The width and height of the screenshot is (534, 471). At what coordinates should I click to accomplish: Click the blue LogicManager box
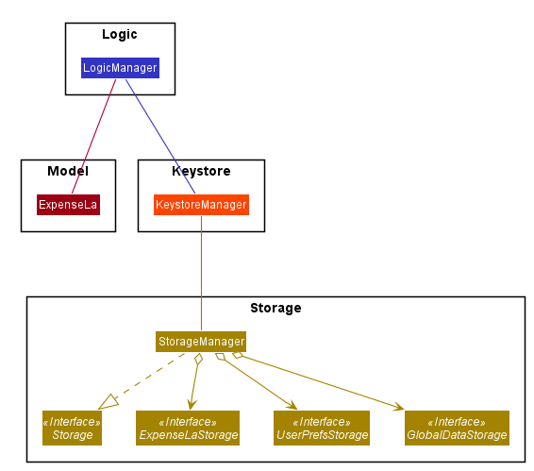point(120,68)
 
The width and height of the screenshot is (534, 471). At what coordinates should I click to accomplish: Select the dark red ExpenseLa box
point(68,205)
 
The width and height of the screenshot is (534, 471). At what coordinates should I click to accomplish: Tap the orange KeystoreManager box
point(201,205)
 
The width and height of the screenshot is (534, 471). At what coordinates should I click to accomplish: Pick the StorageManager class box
point(201,342)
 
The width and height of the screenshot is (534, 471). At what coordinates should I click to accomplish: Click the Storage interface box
point(73,429)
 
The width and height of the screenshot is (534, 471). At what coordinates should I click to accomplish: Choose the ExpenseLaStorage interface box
point(188,429)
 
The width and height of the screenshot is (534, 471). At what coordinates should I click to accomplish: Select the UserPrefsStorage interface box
point(322,429)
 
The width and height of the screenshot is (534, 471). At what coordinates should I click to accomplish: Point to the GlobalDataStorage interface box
point(457,429)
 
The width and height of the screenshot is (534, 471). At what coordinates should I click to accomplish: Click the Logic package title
point(120,34)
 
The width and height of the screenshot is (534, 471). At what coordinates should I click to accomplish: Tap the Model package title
point(68,171)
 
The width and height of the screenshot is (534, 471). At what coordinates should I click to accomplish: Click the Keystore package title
point(201,171)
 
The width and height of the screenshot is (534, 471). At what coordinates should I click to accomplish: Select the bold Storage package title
point(275,308)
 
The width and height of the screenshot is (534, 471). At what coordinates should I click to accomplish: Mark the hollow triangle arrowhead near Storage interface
point(109,402)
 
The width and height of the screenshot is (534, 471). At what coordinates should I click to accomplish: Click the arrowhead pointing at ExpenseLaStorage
point(192,405)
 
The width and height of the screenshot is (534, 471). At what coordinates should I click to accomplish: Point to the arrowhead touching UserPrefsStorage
point(292,405)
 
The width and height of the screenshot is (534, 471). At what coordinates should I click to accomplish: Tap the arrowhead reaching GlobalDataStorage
point(398,406)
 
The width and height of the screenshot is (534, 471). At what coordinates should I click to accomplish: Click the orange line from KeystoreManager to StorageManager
point(201,274)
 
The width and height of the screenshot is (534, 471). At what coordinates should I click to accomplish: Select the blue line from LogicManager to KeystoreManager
point(160,136)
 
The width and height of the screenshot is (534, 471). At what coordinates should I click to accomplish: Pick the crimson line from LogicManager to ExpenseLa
point(94,136)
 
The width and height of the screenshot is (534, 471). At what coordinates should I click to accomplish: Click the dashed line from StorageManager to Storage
point(150,376)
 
